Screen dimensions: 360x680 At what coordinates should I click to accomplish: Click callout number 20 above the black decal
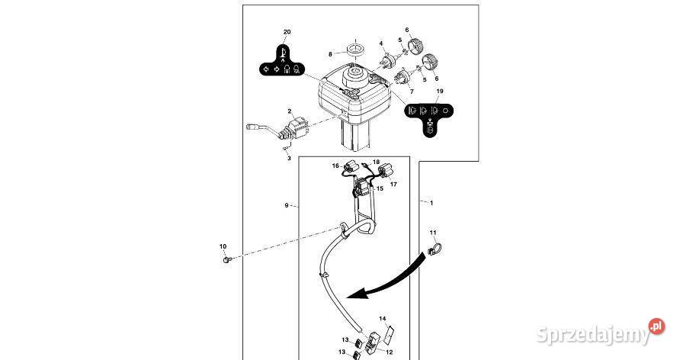(x=287, y=32)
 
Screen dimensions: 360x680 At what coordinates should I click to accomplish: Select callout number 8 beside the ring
(x=331, y=54)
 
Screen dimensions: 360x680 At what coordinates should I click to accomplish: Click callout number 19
(x=439, y=92)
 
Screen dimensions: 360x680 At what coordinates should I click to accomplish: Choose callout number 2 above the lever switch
(x=289, y=111)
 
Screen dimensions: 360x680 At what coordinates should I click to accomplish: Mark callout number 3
(x=289, y=159)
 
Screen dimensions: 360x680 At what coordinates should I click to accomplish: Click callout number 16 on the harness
(x=335, y=166)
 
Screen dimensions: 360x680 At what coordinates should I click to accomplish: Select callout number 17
(x=394, y=184)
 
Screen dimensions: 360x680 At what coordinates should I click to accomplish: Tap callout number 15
(x=380, y=188)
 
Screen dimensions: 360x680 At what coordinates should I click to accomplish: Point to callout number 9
(x=287, y=205)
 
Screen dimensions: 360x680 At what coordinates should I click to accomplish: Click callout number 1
(x=431, y=203)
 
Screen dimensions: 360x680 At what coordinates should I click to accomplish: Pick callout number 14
(x=383, y=318)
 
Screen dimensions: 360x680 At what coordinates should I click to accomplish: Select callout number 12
(x=390, y=352)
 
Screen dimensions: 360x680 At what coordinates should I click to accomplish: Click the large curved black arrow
(x=389, y=278)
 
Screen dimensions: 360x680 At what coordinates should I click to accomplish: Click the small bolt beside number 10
(x=226, y=260)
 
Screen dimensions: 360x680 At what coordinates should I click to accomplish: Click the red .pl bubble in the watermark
(x=656, y=327)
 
